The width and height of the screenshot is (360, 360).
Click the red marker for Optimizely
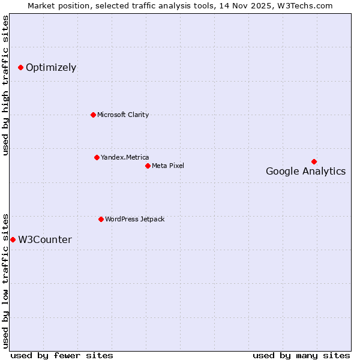(20, 67)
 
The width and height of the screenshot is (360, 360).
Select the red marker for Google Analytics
(314, 161)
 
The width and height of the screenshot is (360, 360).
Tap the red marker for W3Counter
(13, 239)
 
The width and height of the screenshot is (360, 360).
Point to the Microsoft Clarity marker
(93, 115)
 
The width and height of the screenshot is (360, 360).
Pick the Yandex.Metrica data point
(97, 157)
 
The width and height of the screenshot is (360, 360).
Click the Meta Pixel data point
(148, 166)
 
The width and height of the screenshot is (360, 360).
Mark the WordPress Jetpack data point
(101, 219)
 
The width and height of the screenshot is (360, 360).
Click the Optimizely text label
(51, 68)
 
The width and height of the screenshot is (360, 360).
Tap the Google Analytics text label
(305, 172)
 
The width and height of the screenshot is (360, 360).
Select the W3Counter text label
(45, 240)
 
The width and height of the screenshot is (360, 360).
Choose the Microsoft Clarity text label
(123, 115)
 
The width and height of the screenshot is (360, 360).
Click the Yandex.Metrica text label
(125, 158)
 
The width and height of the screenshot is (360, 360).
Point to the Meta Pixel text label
(168, 166)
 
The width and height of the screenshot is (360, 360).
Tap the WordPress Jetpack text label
(134, 220)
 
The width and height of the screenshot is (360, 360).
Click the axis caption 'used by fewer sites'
(62, 356)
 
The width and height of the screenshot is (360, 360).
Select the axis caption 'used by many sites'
(301, 356)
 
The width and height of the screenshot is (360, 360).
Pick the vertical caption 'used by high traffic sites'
(6, 85)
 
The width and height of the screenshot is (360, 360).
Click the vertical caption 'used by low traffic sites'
(6, 281)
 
